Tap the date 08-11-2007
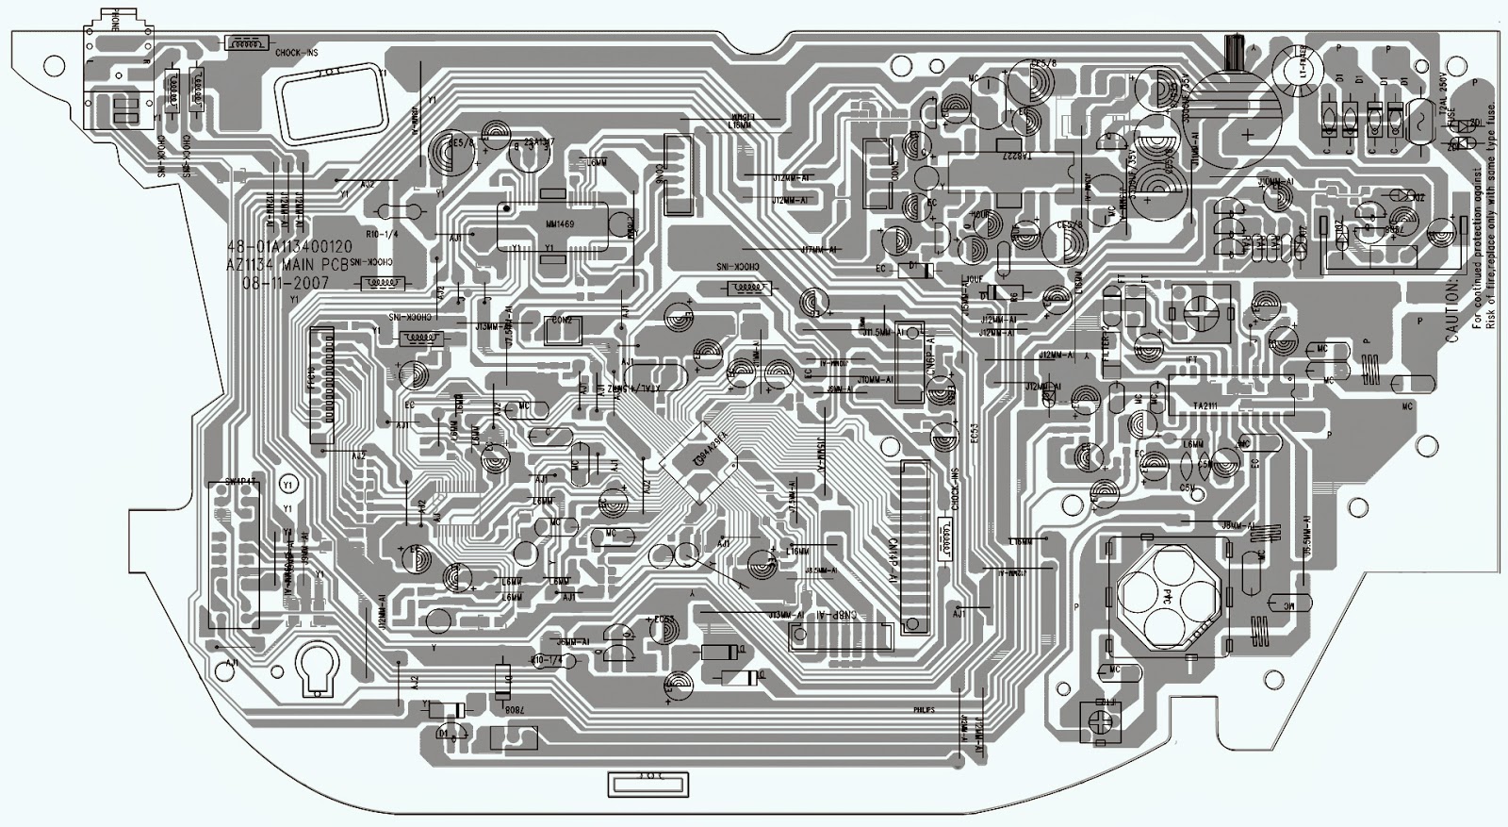(285, 282)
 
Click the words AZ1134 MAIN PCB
(287, 265)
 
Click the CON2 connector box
(562, 323)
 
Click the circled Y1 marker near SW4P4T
(289, 484)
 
